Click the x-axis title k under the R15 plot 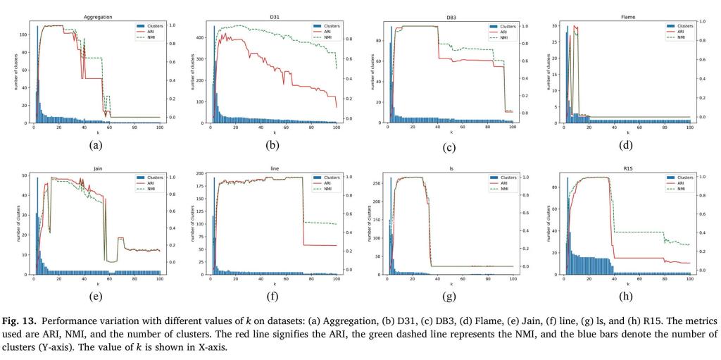pyautogui.click(x=629, y=284)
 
